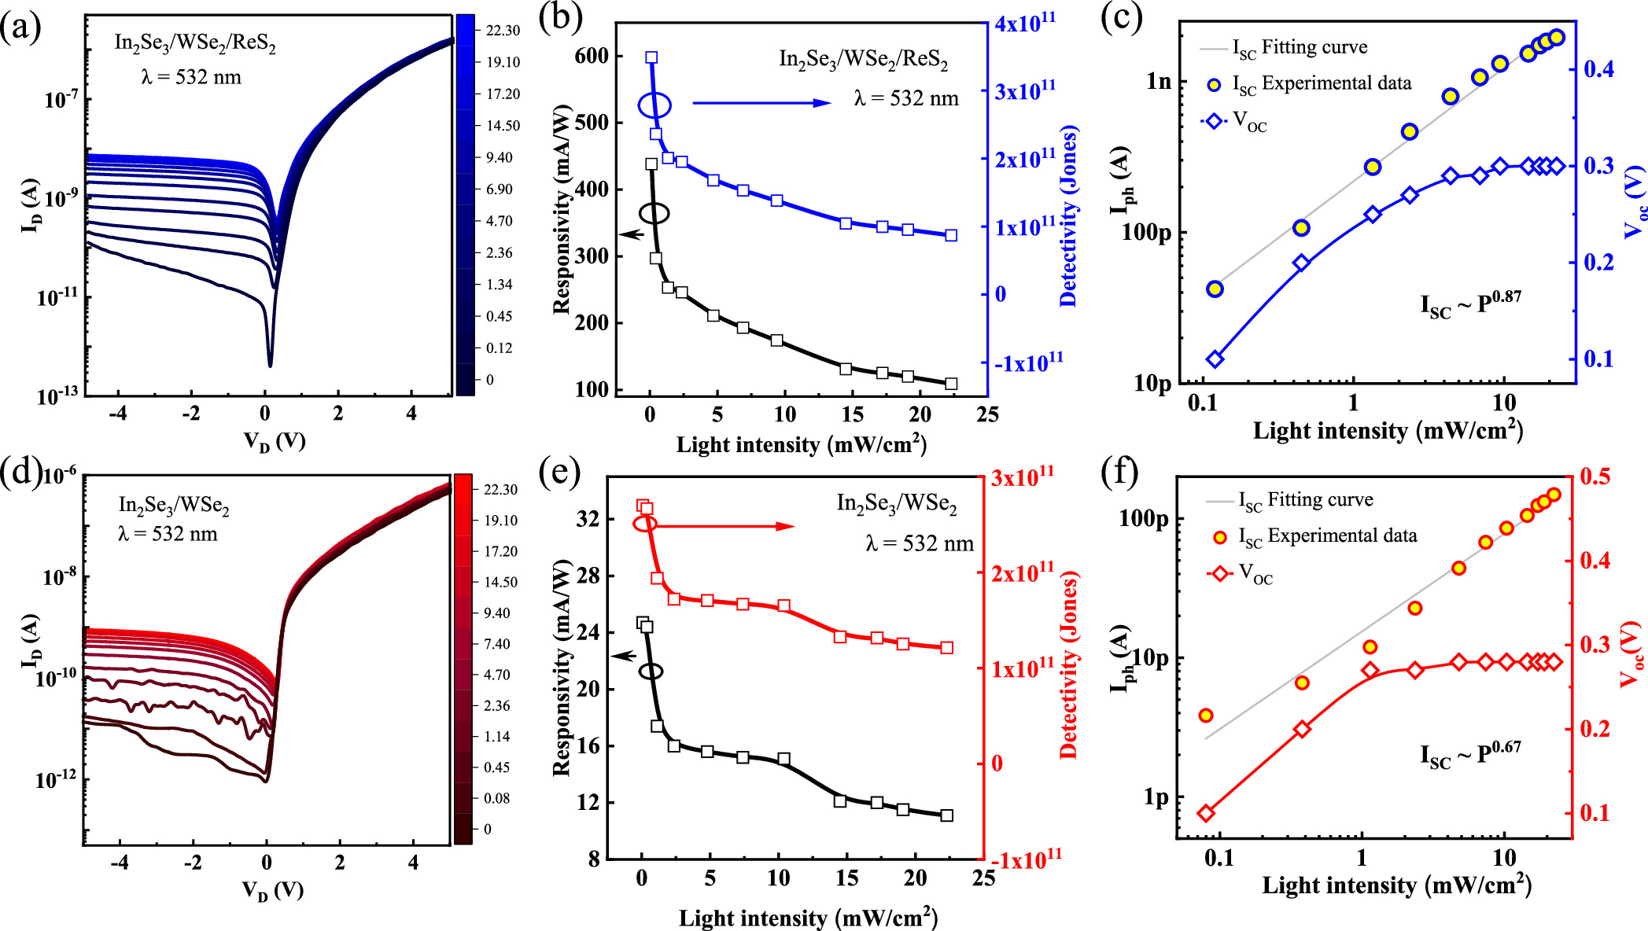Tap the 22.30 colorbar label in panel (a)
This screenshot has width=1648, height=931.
coord(503,31)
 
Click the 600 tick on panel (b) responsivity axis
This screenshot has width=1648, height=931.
coord(591,56)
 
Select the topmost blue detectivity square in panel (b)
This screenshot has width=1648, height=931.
coord(651,57)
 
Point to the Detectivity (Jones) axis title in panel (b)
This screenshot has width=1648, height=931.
coord(1067,216)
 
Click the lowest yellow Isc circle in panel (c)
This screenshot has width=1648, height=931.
coord(1215,289)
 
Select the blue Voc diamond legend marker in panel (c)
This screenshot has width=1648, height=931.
coord(1214,121)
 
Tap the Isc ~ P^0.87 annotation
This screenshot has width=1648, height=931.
coord(1470,304)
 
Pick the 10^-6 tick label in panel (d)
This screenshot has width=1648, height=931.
coord(60,476)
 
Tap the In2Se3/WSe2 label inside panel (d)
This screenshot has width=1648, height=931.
coord(174,506)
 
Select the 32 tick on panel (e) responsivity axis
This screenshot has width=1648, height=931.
coord(588,519)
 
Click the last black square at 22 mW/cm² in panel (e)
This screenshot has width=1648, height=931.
coord(947,815)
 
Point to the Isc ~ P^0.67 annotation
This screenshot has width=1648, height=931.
coord(1470,755)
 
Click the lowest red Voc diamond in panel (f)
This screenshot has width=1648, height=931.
coord(1206,813)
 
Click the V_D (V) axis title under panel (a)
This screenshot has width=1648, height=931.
coord(274,441)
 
